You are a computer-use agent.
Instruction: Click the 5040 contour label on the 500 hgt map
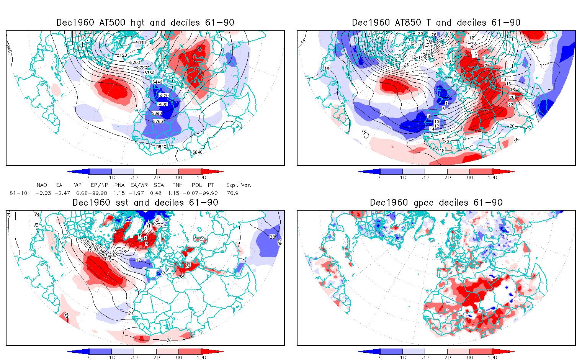coord(141,42)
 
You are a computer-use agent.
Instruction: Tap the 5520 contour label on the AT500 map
coord(163,95)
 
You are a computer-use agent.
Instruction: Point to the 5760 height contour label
coord(158,121)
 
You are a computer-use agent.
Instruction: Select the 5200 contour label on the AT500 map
coord(135,62)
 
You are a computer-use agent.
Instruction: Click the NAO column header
coord(42,185)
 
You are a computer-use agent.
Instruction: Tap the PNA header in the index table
coord(119,185)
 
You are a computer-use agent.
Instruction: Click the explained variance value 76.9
coord(232,193)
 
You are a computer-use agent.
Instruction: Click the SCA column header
coord(159,185)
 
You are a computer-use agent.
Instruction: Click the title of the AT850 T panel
coord(436,23)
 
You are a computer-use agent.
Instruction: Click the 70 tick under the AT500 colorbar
coord(156,178)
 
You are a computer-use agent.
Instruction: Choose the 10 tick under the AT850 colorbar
coord(403,178)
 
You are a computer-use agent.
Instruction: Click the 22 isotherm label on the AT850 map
coord(511,105)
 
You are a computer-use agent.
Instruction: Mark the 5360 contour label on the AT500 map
coord(149,73)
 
